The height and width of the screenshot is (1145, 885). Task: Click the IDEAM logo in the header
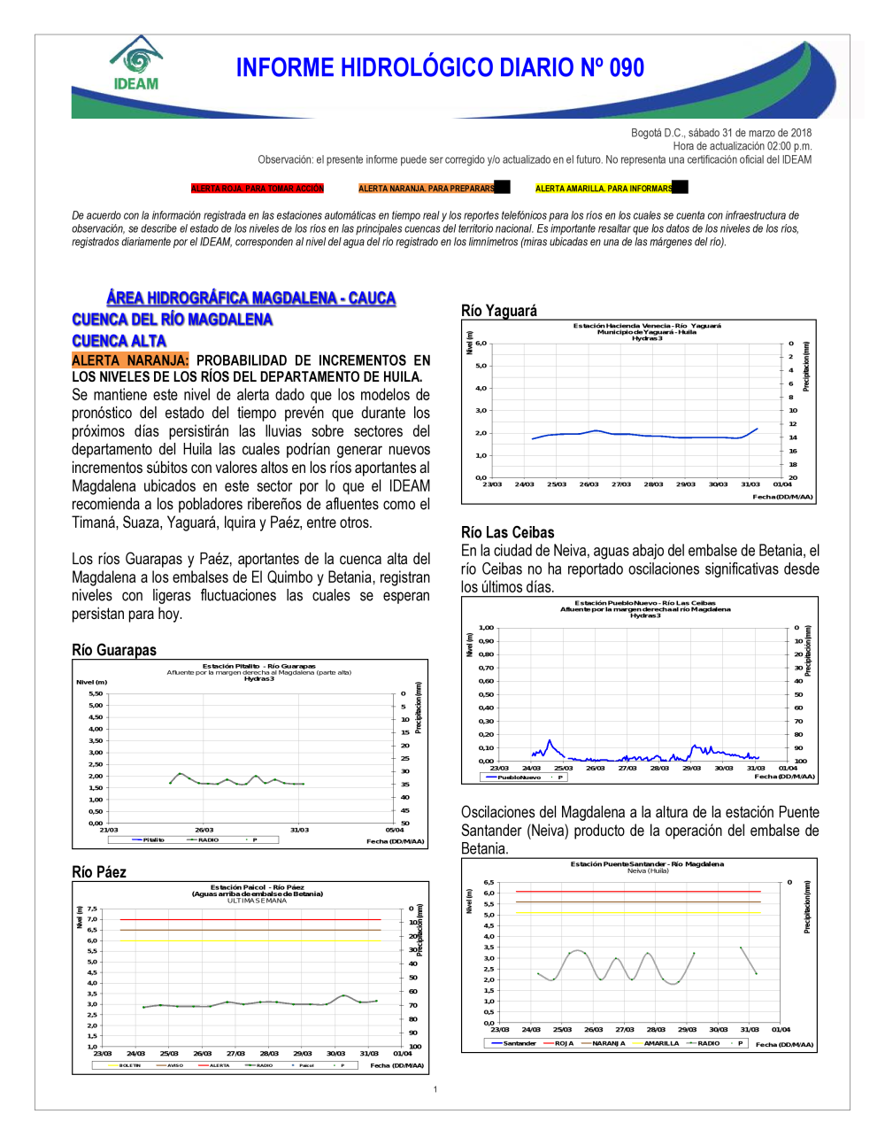pyautogui.click(x=136, y=64)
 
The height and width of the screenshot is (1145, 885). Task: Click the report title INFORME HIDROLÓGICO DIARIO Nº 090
pyautogui.click(x=440, y=68)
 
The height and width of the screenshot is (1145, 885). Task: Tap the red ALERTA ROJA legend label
pyautogui.click(x=258, y=189)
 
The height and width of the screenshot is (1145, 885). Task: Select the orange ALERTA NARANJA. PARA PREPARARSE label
pyautogui.click(x=427, y=189)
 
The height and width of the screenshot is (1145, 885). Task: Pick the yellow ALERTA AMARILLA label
pyautogui.click(x=604, y=189)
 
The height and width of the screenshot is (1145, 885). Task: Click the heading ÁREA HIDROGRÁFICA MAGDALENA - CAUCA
pyautogui.click(x=250, y=298)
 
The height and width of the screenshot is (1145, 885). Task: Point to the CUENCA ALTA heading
pyautogui.click(x=119, y=341)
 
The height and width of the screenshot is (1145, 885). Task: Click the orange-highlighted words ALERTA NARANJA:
pyautogui.click(x=130, y=360)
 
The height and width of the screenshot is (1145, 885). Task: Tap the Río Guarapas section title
pyautogui.click(x=114, y=650)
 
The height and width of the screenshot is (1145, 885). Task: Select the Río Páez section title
pyautogui.click(x=99, y=872)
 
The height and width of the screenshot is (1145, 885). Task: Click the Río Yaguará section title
pyautogui.click(x=499, y=311)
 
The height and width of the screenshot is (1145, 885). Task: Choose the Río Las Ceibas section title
pyautogui.click(x=508, y=532)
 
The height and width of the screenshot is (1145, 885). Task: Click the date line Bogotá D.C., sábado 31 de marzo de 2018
pyautogui.click(x=721, y=133)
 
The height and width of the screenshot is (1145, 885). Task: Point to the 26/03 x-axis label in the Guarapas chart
pyautogui.click(x=204, y=830)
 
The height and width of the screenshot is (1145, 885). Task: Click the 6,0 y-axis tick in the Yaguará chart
pyautogui.click(x=481, y=344)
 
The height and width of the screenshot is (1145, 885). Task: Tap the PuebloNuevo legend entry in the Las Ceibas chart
pyautogui.click(x=519, y=778)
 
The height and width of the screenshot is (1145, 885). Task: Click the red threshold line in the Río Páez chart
pyautogui.click(x=250, y=920)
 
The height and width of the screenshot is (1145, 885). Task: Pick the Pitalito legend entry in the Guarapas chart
pyautogui.click(x=153, y=839)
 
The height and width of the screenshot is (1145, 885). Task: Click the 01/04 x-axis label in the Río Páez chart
pyautogui.click(x=402, y=1054)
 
